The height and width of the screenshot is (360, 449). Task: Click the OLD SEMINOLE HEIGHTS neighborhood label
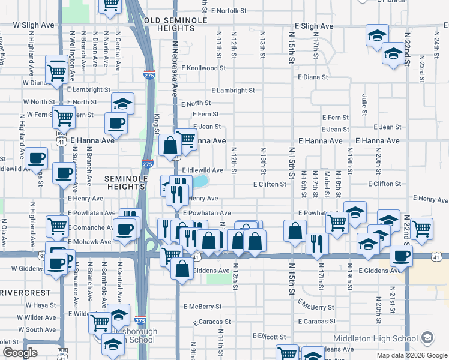(176, 24)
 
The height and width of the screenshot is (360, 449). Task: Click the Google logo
(20, 353)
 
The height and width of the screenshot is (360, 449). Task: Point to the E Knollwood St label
(202, 68)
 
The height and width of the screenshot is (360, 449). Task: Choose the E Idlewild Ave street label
(202, 170)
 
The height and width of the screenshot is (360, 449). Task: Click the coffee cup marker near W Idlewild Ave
(36, 158)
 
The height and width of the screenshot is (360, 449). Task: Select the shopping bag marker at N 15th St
(295, 231)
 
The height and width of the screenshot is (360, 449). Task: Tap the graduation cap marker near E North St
(122, 103)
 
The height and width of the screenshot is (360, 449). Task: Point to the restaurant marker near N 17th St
(316, 243)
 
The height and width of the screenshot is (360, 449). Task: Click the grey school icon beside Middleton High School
(427, 338)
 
